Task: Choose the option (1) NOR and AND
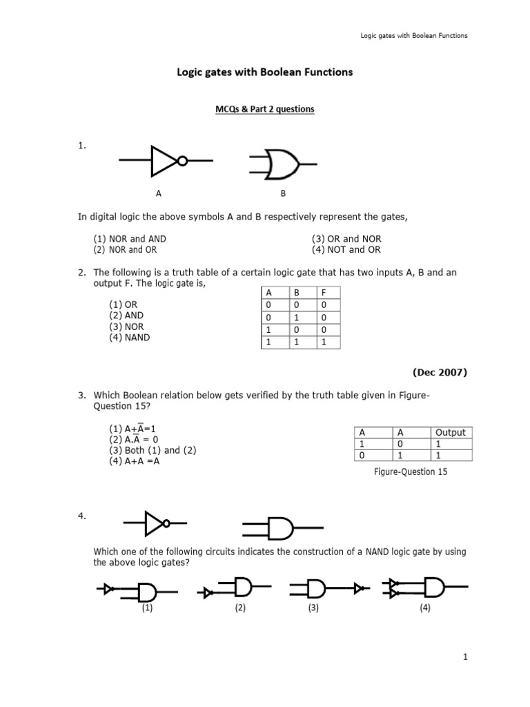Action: pyautogui.click(x=130, y=239)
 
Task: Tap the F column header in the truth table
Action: pyautogui.click(x=324, y=293)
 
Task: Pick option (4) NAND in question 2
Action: pyautogui.click(x=129, y=338)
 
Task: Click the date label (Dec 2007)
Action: pyautogui.click(x=440, y=372)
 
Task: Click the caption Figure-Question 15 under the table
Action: pyautogui.click(x=411, y=472)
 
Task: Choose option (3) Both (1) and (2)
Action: pyautogui.click(x=153, y=450)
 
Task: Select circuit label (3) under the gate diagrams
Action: pyautogui.click(x=313, y=608)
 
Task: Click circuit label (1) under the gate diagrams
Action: pyautogui.click(x=148, y=608)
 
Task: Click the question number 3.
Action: pyautogui.click(x=81, y=395)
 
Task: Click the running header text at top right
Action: pyautogui.click(x=415, y=35)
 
